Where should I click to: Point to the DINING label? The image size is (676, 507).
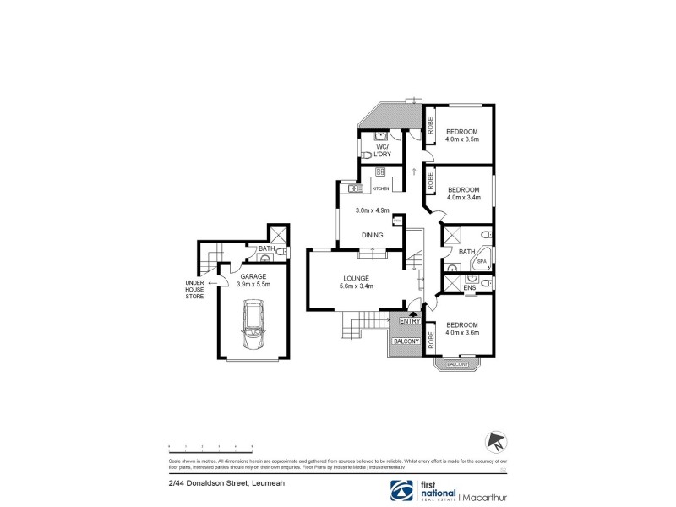(x=372, y=235)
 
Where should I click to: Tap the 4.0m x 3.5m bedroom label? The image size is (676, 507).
(x=462, y=135)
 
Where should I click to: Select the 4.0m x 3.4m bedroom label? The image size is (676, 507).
(x=463, y=194)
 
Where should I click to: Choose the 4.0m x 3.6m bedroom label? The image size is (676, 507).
(x=462, y=330)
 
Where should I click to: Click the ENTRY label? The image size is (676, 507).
(x=410, y=321)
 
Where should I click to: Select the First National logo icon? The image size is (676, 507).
(x=399, y=491)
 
